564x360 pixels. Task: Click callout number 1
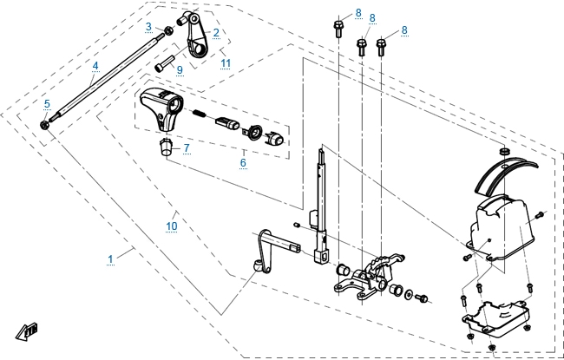[110, 259]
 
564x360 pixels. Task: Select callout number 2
[216, 33]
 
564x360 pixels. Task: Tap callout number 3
[148, 27]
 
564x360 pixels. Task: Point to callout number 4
[95, 65]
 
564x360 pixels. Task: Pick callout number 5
[47, 103]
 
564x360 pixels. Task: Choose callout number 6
[243, 161]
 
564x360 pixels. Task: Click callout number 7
[186, 148]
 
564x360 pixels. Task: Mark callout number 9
[180, 69]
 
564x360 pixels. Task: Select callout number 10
[171, 226]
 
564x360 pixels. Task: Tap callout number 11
[226, 62]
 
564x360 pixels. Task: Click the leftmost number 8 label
[334, 12]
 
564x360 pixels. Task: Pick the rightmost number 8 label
[404, 30]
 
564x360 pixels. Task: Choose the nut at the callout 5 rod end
[44, 125]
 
